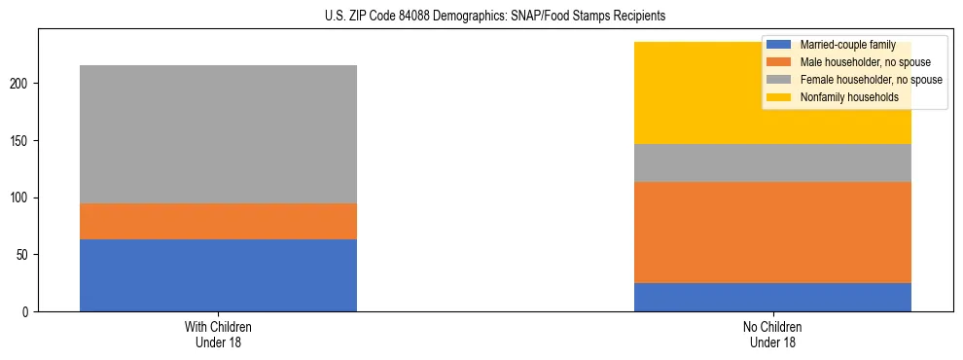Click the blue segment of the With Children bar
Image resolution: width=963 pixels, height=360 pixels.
(x=218, y=275)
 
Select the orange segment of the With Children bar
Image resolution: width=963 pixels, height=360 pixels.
(x=218, y=221)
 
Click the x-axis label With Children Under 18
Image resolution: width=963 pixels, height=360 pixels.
(x=218, y=334)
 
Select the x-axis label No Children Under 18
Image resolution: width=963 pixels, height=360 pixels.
(x=772, y=334)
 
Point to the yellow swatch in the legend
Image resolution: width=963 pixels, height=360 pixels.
(x=779, y=97)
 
